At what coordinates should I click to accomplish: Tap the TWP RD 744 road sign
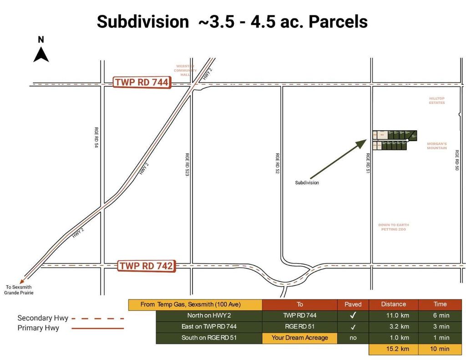point(142,82)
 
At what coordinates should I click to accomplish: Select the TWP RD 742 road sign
point(146,266)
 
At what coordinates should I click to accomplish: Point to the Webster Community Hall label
point(185,70)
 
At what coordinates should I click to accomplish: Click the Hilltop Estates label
point(436,101)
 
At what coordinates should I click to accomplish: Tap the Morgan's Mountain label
point(436,146)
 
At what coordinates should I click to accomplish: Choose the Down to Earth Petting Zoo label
point(393,227)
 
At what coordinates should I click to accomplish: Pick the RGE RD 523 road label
point(187,164)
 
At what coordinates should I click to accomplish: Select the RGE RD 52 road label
point(277,163)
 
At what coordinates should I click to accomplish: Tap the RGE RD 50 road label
point(457,160)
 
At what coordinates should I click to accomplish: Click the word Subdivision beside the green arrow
point(307,183)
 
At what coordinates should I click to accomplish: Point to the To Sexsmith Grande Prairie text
point(19,290)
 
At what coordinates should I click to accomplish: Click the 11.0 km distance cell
point(393,315)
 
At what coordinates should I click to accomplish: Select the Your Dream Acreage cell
point(299,338)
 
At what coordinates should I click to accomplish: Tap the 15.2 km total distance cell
point(393,349)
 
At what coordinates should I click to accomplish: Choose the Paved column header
point(353,304)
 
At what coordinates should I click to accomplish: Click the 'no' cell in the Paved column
point(353,338)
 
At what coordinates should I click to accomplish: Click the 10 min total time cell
point(440,349)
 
